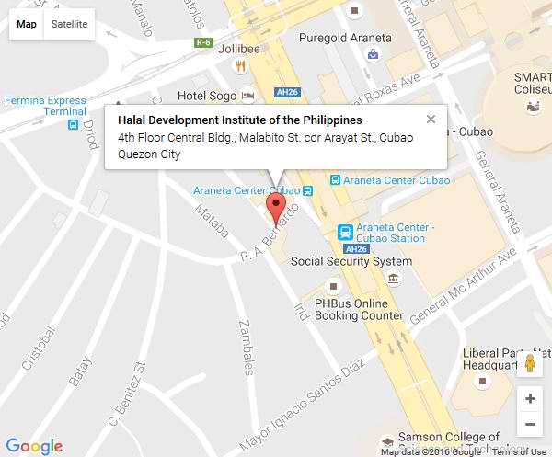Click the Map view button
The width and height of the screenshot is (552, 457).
pyautogui.click(x=27, y=24)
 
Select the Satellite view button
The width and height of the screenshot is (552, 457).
pyautogui.click(x=70, y=24)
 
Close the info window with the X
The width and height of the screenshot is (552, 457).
pyautogui.click(x=431, y=119)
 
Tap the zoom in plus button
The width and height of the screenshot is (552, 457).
pyautogui.click(x=529, y=399)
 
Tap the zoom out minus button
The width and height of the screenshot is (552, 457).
pyautogui.click(x=529, y=425)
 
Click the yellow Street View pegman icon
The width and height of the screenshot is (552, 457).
pyautogui.click(x=529, y=364)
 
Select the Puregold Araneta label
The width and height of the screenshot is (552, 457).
pyautogui.click(x=346, y=39)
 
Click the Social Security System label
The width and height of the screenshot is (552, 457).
pyautogui.click(x=351, y=261)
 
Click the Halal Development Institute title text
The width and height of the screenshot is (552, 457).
pyautogui.click(x=240, y=120)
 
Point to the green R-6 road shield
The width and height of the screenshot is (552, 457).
pyautogui.click(x=203, y=43)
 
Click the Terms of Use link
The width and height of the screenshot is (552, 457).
pyautogui.click(x=518, y=451)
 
